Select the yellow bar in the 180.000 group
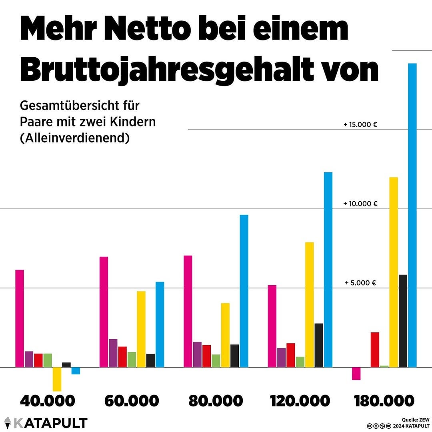(394, 272)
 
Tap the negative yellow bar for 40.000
(57, 379)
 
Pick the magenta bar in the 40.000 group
(20, 318)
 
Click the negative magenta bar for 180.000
(356, 373)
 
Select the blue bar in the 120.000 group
(328, 270)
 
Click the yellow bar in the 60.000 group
(141, 329)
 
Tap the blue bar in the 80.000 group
(244, 291)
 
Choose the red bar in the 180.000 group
(375, 350)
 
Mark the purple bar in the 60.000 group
(113, 353)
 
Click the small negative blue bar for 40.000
(76, 371)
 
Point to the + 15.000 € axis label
(360, 124)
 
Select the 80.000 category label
(216, 400)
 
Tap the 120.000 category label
(300, 400)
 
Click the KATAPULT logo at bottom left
(46, 423)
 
